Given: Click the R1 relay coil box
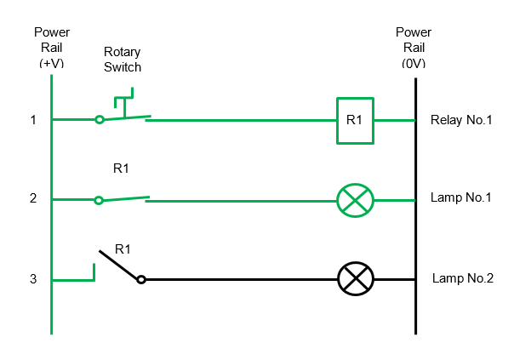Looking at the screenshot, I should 355,120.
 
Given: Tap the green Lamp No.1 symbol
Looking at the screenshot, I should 355,200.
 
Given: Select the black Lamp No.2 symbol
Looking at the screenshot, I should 357,278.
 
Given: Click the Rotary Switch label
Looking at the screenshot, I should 123,60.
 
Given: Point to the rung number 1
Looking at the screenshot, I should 33,120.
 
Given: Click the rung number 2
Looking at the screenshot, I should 33,198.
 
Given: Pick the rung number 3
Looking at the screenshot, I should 33,278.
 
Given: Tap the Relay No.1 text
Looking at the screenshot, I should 461,120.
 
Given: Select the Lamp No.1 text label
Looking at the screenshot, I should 461,198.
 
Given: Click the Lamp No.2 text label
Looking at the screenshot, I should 462,278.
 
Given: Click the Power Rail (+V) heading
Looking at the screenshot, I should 51,48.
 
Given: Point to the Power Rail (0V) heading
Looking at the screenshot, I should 414,48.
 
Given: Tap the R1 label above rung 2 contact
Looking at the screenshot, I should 122,169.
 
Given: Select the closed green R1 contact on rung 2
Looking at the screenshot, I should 124,199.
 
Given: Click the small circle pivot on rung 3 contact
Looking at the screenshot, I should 141,278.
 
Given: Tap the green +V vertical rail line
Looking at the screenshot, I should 52,238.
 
